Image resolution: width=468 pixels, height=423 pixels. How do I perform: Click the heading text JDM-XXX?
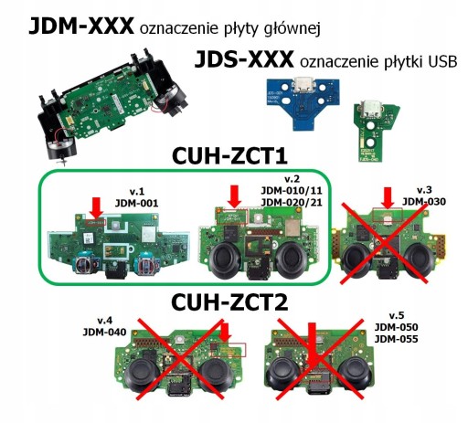pyautogui.click(x=81, y=26)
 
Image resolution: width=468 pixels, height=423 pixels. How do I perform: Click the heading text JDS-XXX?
pyautogui.click(x=244, y=59)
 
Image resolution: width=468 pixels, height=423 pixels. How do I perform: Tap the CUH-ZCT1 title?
pyautogui.click(x=229, y=156)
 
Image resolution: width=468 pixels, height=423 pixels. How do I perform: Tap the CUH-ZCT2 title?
pyautogui.click(x=229, y=302)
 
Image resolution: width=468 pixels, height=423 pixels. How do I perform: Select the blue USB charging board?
pyautogui.click(x=303, y=102)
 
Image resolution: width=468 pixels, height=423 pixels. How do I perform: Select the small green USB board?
pyautogui.click(x=375, y=132)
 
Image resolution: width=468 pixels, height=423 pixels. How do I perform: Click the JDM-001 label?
pyautogui.click(x=136, y=203)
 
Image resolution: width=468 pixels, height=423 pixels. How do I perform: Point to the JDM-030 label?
pyautogui.click(x=424, y=201)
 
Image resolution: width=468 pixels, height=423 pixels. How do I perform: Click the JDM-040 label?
pyautogui.click(x=104, y=332)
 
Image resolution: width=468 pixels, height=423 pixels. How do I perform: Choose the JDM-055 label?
pyautogui.click(x=396, y=339)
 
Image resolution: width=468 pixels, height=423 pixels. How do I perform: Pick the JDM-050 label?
pyautogui.click(x=396, y=327)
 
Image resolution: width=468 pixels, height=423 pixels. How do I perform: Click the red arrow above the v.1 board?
pyautogui.click(x=96, y=208)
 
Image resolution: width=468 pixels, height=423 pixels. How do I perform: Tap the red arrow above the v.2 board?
pyautogui.click(x=235, y=196)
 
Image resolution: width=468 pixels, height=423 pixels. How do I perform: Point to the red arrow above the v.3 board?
pyautogui.click(x=388, y=198)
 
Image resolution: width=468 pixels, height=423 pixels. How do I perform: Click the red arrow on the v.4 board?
pyautogui.click(x=225, y=333)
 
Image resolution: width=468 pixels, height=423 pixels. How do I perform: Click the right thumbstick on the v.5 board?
pyautogui.click(x=355, y=374)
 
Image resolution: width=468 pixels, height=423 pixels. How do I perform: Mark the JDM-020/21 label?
pyautogui.click(x=292, y=202)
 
